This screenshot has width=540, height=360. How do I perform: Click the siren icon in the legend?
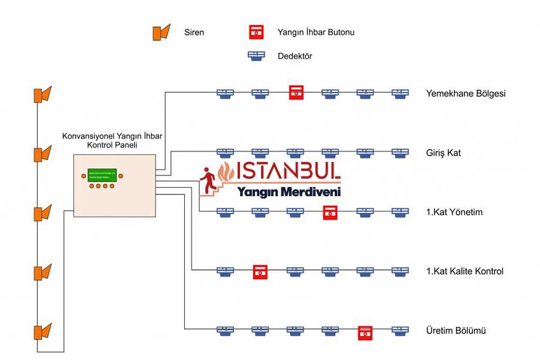[160, 32]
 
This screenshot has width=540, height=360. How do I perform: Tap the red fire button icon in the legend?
[257, 32]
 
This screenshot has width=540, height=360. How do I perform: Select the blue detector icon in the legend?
[257, 56]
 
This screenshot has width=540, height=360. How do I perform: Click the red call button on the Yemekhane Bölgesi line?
[296, 92]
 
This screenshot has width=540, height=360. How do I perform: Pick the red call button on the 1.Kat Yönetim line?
[329, 212]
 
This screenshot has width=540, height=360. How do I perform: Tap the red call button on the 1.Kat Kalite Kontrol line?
[259, 271]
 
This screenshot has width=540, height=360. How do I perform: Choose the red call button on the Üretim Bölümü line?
[365, 331]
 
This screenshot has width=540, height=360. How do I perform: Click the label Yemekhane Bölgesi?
[466, 94]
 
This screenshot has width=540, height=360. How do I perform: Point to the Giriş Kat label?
[443, 153]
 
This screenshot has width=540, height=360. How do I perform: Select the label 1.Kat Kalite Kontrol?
[464, 271]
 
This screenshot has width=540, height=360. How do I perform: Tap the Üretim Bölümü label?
[455, 331]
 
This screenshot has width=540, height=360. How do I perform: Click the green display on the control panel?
[102, 175]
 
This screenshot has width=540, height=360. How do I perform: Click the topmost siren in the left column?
[42, 95]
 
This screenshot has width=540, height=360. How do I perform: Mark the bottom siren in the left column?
[42, 331]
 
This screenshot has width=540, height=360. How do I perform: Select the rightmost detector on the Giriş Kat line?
[400, 152]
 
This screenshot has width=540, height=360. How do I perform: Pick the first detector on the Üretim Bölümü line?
[224, 331]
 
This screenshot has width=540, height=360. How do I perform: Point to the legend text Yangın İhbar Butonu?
[316, 32]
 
